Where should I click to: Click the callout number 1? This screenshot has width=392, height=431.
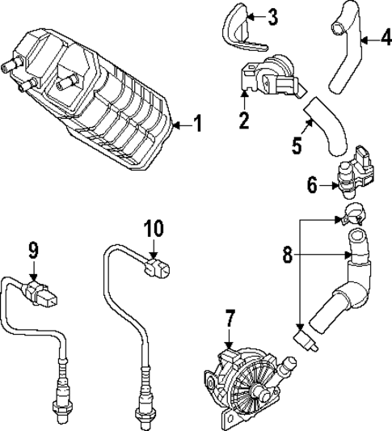199,125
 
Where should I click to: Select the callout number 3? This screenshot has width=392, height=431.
272,17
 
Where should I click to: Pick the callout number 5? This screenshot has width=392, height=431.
297,146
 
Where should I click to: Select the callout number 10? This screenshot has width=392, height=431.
153,229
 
